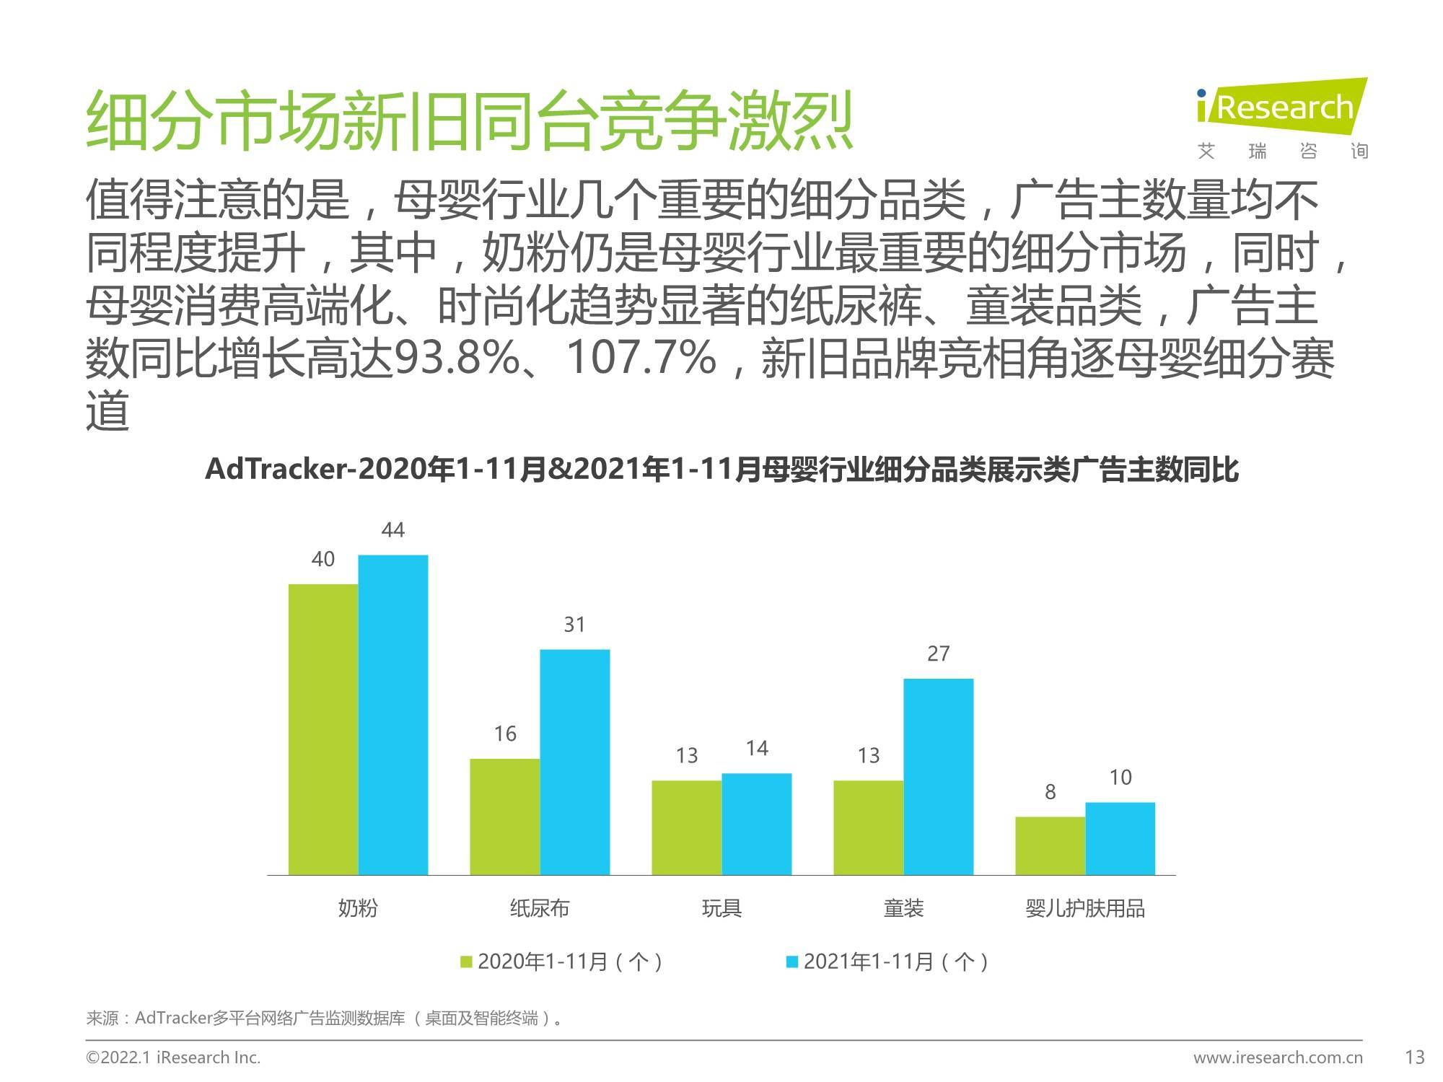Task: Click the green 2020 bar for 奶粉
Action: point(323,729)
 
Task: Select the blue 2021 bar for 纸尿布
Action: point(575,762)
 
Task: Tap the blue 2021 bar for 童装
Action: point(938,776)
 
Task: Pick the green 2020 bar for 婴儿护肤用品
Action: point(1050,845)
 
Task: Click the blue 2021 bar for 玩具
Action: point(756,824)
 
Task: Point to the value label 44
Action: point(392,530)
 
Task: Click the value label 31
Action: point(574,625)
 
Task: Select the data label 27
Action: point(938,654)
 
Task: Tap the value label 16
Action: point(505,734)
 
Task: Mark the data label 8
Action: point(1050,792)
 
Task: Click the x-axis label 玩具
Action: point(721,908)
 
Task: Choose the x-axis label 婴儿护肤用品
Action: point(1084,908)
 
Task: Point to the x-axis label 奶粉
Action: point(358,908)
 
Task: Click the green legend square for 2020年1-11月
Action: point(467,962)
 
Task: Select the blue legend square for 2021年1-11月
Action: point(792,962)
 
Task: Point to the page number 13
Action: point(1415,1057)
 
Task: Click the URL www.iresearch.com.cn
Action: point(1278,1058)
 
